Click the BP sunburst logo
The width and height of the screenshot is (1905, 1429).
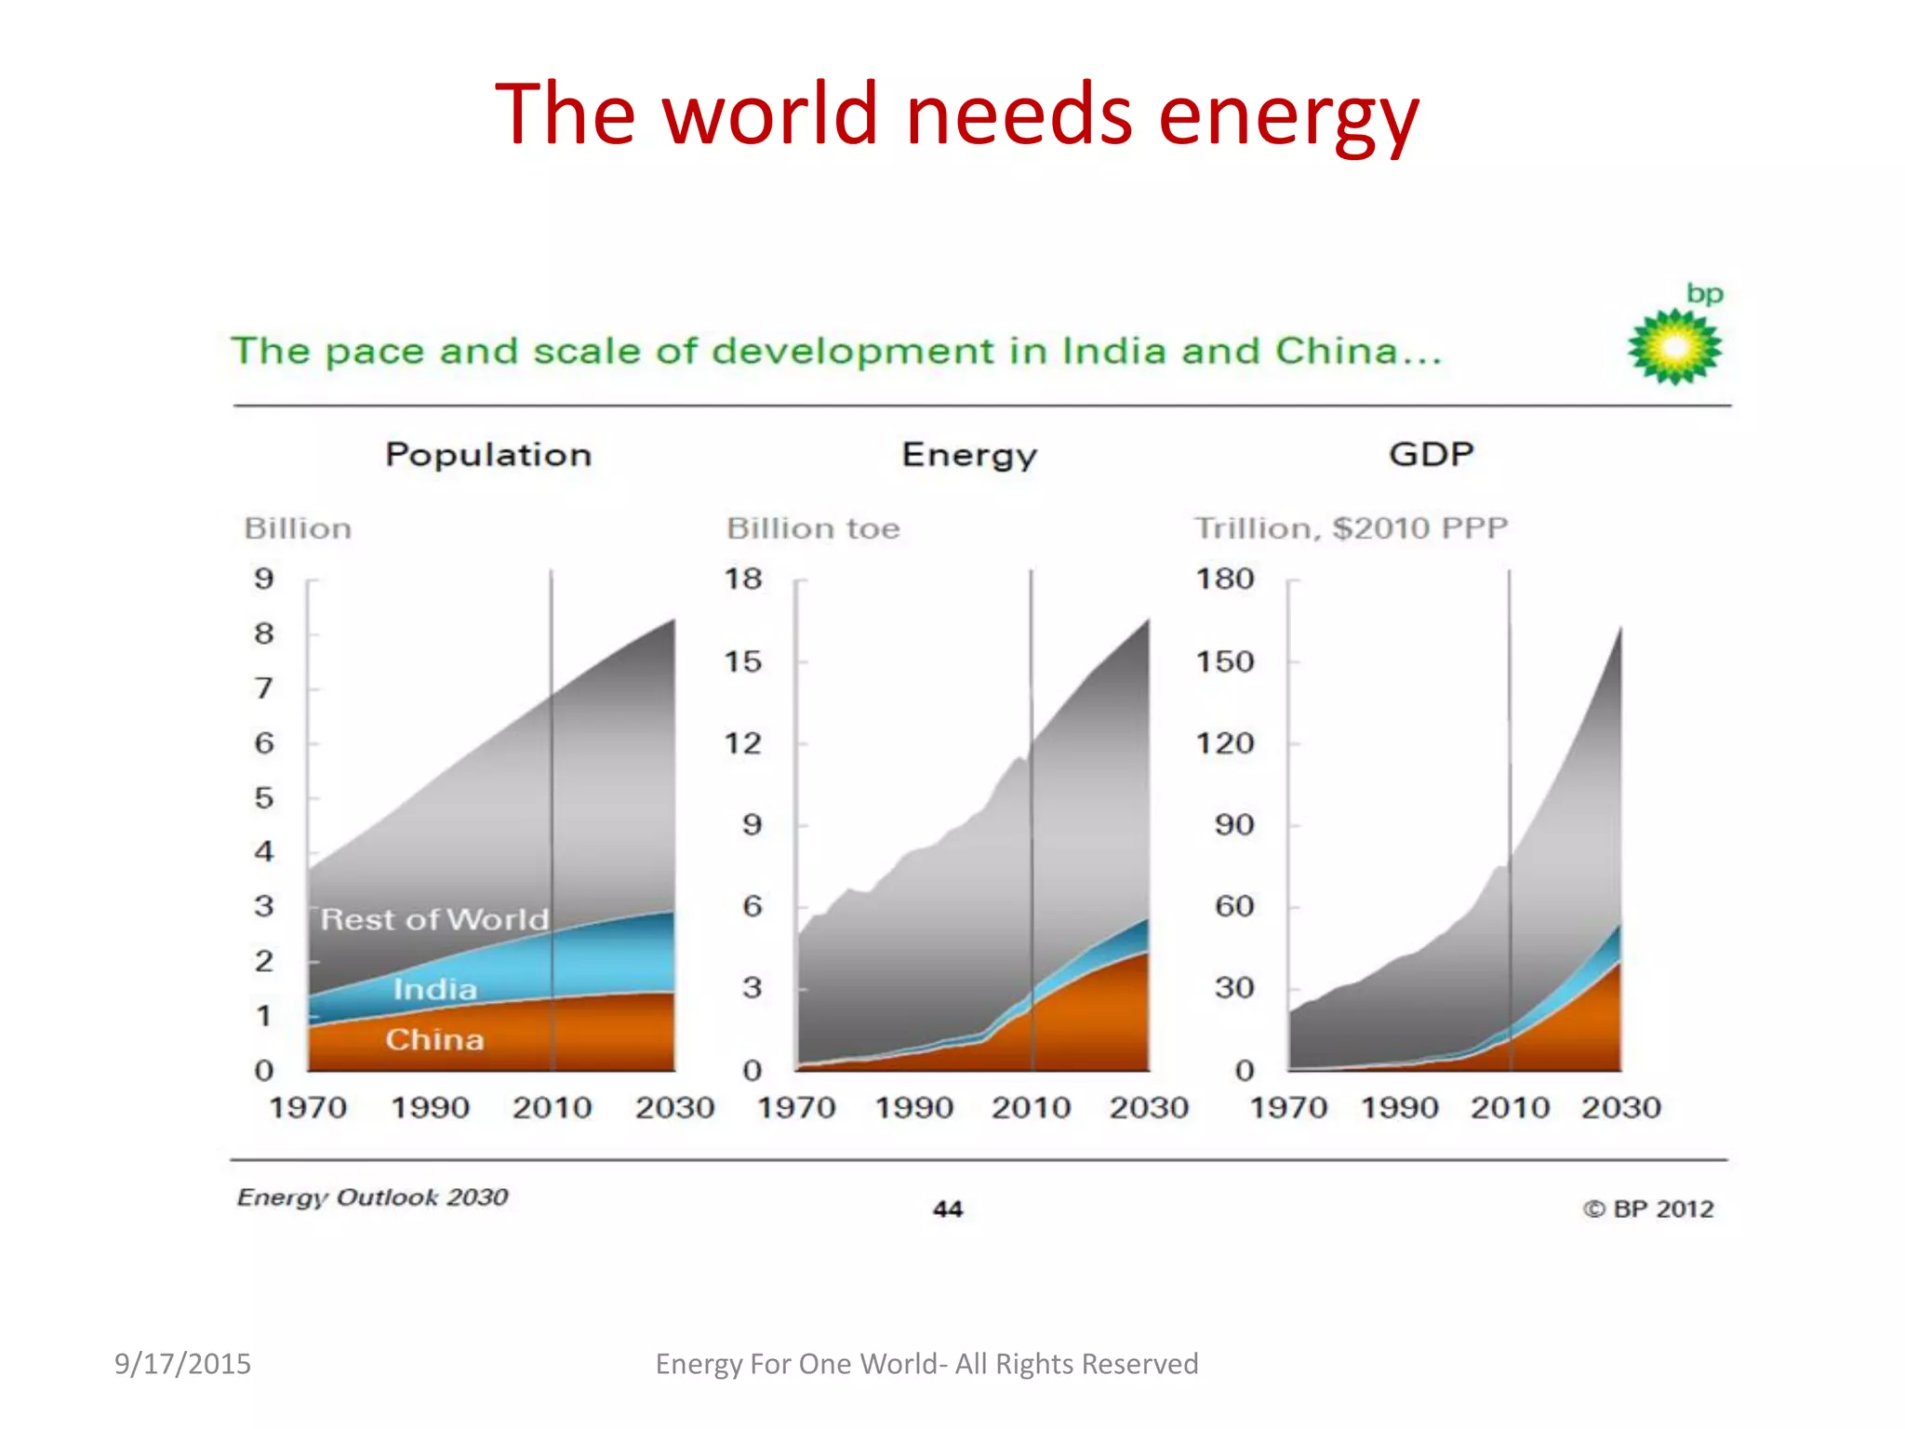[1674, 347]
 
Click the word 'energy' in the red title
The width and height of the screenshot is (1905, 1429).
[1287, 116]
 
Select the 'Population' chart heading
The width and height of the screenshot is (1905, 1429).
[488, 455]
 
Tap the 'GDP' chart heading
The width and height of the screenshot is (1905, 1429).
[1431, 454]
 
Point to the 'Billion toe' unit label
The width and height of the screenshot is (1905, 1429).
[813, 528]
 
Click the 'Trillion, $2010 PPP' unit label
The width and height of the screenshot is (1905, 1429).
[1351, 528]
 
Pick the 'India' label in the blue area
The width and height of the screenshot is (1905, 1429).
[434, 989]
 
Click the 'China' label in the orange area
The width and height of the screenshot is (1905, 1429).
[434, 1039]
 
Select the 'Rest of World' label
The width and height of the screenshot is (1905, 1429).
[434, 920]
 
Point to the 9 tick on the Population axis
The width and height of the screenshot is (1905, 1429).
[264, 579]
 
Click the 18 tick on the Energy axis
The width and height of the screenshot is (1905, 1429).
[743, 579]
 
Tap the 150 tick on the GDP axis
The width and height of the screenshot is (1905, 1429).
[1225, 661]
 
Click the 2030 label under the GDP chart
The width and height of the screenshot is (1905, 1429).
[1620, 1107]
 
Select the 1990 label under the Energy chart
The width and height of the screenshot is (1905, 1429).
[914, 1107]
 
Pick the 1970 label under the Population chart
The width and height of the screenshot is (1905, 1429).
[308, 1107]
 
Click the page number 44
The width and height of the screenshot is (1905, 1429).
[947, 1209]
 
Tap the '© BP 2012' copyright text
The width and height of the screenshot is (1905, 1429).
[1648, 1209]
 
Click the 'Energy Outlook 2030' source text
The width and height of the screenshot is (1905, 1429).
[372, 1197]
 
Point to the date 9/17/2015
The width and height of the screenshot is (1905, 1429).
[182, 1364]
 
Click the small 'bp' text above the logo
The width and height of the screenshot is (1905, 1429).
[1704, 294]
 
